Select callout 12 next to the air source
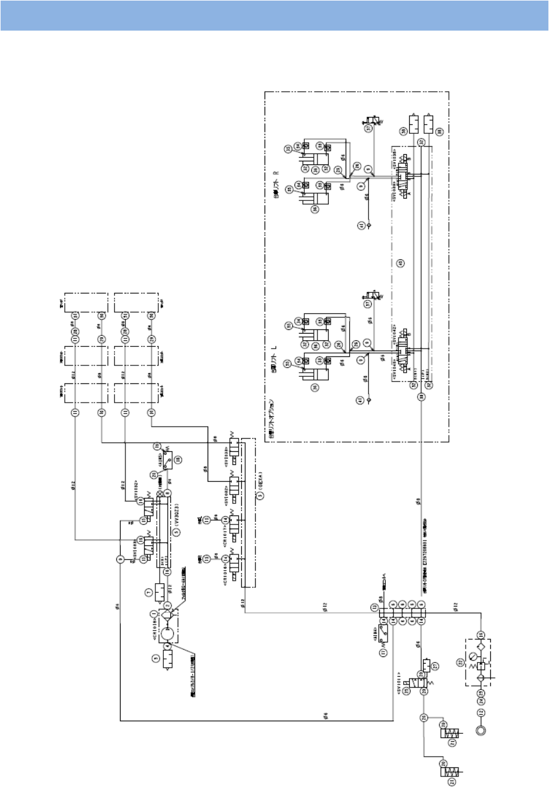(x=480, y=713)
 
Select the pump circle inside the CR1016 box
(x=167, y=636)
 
